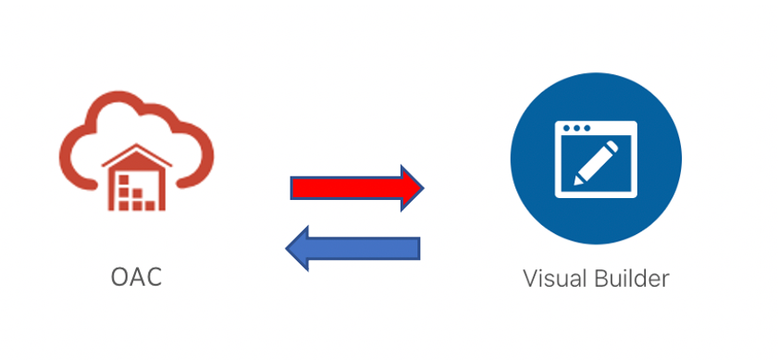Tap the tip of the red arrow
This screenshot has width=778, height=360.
coord(422,189)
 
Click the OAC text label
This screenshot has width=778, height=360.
coord(136,277)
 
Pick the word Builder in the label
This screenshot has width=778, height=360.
coord(634,278)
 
